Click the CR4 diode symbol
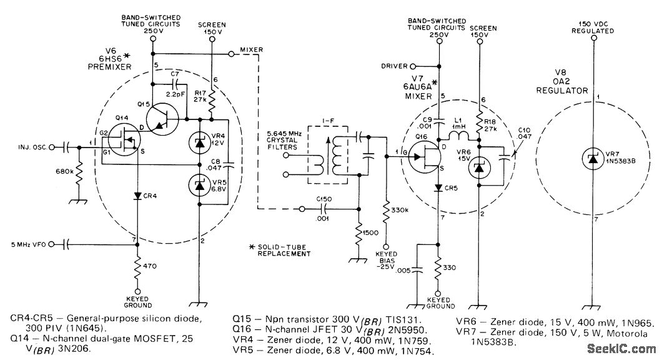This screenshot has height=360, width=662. point(136,196)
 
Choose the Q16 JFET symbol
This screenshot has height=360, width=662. point(426,156)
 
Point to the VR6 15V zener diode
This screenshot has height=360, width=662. point(479,167)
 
